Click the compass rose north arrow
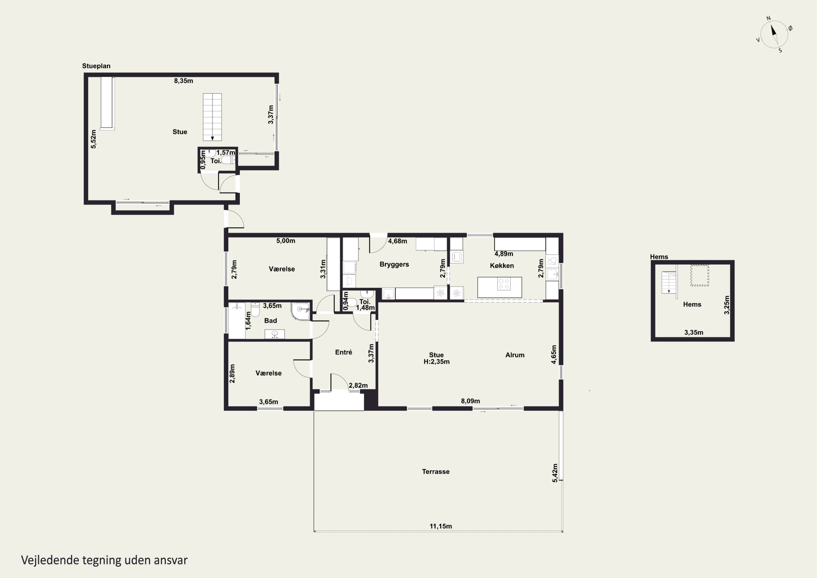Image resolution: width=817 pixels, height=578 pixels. tap(774, 30)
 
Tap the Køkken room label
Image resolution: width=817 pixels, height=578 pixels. tap(502, 266)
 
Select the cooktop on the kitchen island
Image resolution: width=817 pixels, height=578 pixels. tap(504, 284)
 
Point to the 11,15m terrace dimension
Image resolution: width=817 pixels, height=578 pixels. tap(441, 526)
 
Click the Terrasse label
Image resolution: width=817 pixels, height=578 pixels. tap(435, 471)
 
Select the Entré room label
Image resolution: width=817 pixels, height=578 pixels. tap(343, 352)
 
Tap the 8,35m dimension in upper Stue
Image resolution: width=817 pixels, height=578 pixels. tap(183, 81)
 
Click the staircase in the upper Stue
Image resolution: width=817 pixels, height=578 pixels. tap(212, 117)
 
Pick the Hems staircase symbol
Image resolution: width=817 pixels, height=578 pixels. tap(669, 282)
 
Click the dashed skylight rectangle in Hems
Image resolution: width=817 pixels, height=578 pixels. tap(700, 275)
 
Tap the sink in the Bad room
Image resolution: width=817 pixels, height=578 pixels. tap(274, 334)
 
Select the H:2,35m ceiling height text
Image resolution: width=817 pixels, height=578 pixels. tap(436, 362)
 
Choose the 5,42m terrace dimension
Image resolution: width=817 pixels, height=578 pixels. tap(555, 473)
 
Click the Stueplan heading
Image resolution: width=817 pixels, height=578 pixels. tap(96, 66)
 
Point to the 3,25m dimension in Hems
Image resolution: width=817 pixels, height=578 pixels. tap(727, 305)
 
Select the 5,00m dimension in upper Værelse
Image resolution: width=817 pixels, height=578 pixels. tap(286, 241)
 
